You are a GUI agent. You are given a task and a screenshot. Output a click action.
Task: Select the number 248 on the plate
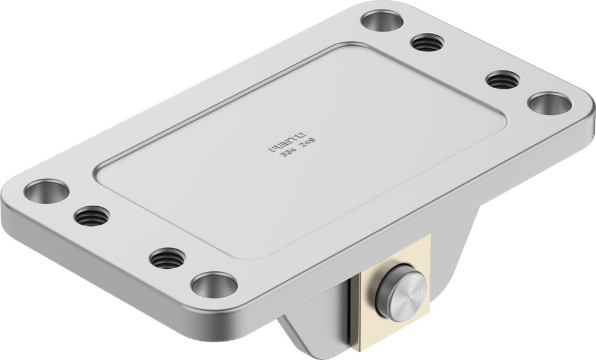[308, 142]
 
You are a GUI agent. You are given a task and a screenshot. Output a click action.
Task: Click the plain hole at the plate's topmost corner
[382, 21]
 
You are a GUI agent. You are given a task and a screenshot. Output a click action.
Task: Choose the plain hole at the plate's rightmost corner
[550, 103]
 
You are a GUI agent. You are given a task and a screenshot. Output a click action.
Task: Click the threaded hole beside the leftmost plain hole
[92, 215]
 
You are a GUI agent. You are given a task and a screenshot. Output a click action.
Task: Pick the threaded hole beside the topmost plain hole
[428, 43]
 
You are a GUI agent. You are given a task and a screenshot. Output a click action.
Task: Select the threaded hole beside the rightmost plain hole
[503, 79]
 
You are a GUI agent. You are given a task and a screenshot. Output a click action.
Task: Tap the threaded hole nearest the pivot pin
[167, 258]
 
